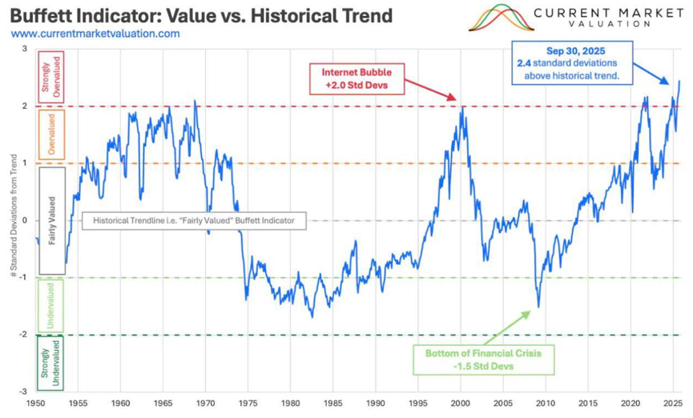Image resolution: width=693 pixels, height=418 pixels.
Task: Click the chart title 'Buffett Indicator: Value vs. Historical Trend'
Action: pyautogui.click(x=201, y=15)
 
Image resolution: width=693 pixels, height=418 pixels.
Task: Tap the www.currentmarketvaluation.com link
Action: pyautogui.click(x=96, y=34)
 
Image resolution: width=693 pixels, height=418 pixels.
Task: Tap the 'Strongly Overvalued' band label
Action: pyautogui.click(x=56, y=77)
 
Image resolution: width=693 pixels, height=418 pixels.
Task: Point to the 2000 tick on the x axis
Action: pyautogui.click(x=461, y=404)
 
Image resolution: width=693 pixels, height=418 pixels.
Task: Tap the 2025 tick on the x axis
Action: pyautogui.click(x=672, y=404)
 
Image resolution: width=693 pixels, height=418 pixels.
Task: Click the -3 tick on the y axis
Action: pyautogui.click(x=24, y=392)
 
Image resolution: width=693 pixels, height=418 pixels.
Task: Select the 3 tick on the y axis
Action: pyautogui.click(x=25, y=49)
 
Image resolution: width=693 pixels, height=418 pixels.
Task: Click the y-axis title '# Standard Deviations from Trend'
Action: pyautogui.click(x=14, y=221)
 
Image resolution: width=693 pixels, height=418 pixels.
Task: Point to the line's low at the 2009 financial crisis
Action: pyautogui.click(x=538, y=307)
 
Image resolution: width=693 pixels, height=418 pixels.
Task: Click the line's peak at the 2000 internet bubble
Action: pyautogui.click(x=461, y=107)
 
